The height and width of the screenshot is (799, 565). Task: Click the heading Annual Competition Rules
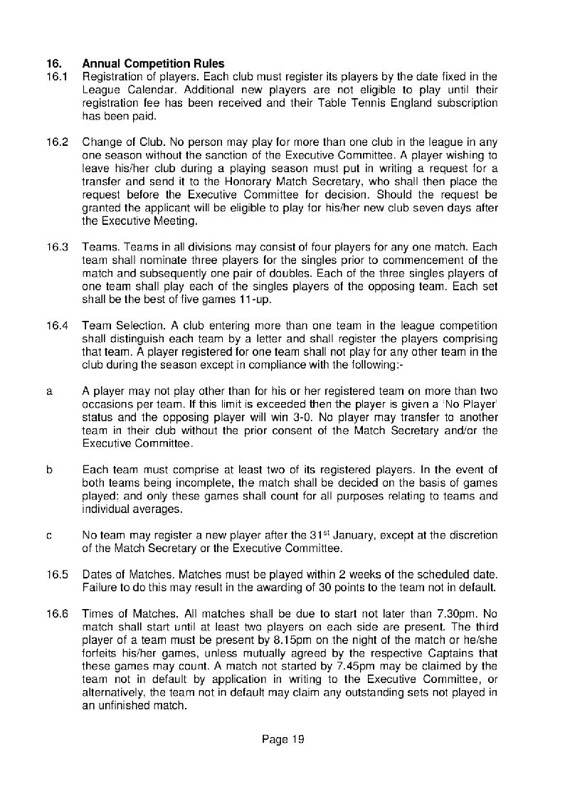[153, 64]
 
